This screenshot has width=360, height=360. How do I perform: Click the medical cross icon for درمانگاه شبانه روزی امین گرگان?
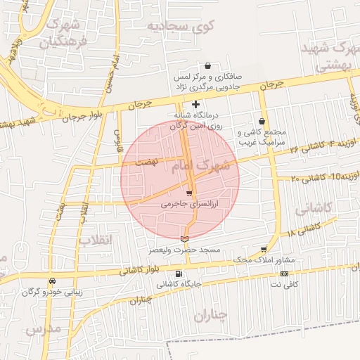195,104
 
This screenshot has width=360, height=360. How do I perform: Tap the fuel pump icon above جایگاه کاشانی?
178,274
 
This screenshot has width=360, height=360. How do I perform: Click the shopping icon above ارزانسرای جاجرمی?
188,193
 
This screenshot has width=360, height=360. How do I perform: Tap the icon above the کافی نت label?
284,274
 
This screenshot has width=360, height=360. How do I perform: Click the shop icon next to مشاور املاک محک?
264,250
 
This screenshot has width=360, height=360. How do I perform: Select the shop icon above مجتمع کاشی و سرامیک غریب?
262,121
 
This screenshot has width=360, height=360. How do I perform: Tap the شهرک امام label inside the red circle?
210,167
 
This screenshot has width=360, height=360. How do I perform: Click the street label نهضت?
148,162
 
